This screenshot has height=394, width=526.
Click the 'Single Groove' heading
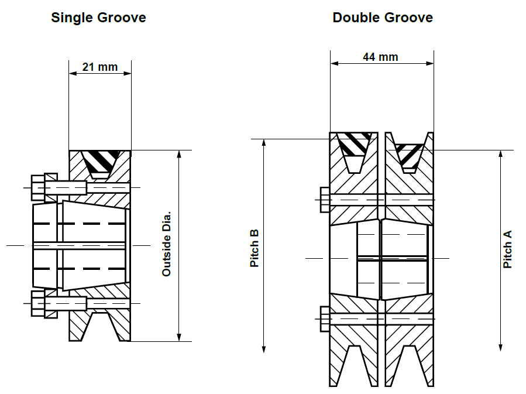(x=98, y=18)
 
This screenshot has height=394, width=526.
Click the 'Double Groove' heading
(x=383, y=18)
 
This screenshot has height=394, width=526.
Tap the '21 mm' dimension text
(x=100, y=67)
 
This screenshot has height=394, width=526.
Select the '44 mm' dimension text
(x=380, y=57)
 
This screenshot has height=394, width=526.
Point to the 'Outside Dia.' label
(x=166, y=244)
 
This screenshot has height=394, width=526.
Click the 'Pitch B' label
(x=255, y=248)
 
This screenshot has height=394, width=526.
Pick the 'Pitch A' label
(x=507, y=249)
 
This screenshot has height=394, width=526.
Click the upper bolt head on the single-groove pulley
(x=38, y=187)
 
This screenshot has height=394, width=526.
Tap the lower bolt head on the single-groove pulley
(x=38, y=303)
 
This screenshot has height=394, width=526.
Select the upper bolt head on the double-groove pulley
(x=325, y=200)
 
